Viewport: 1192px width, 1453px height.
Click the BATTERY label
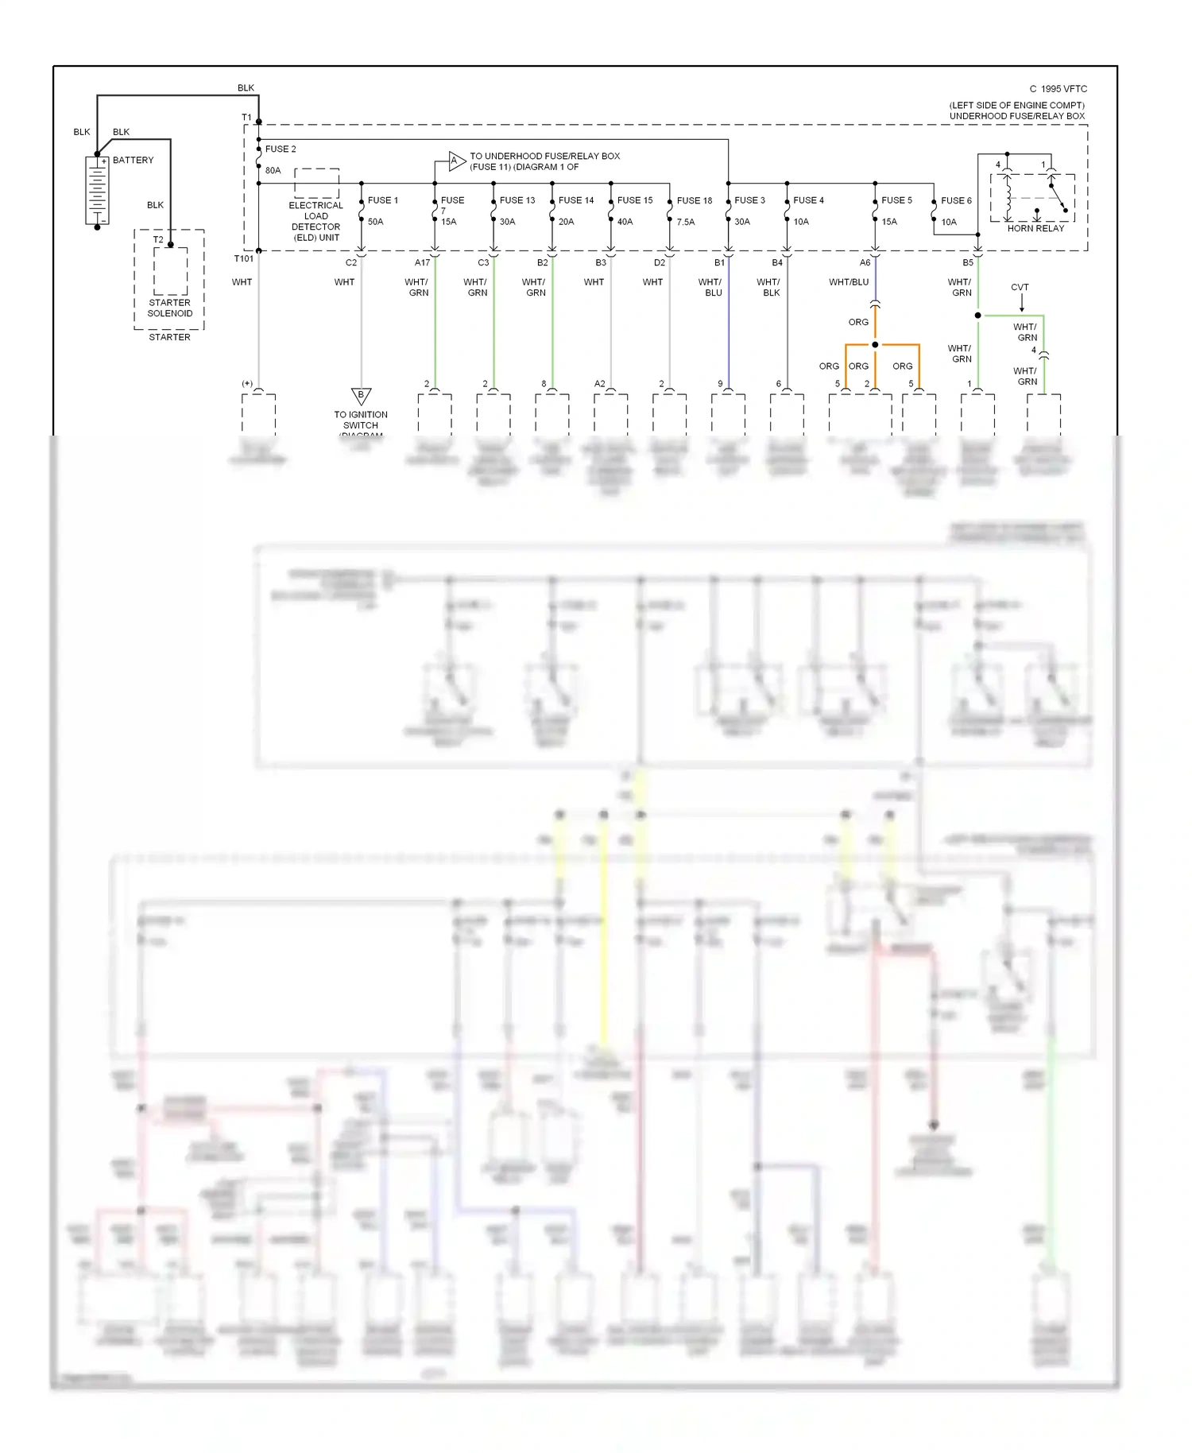pos(133,161)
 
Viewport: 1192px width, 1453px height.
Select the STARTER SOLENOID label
pos(169,308)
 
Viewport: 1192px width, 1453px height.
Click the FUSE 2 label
pos(281,149)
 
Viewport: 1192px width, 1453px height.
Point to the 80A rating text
pos(273,171)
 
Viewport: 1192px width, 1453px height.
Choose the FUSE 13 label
pos(517,200)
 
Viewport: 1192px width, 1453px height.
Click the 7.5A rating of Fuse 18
pos(686,223)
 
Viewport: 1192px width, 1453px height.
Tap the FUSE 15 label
pos(635,200)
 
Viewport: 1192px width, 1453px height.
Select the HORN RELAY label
pos(1035,229)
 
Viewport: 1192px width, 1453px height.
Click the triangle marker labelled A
pos(455,161)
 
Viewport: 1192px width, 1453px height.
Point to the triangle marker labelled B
pos(361,395)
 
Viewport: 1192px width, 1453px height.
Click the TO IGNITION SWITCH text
pos(361,420)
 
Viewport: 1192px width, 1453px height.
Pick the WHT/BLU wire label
pos(849,282)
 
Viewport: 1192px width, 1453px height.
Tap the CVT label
pos(1020,288)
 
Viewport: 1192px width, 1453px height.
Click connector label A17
pos(422,263)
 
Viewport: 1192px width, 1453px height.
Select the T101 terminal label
pos(244,259)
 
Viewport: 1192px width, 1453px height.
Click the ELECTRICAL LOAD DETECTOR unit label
pos(315,222)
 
